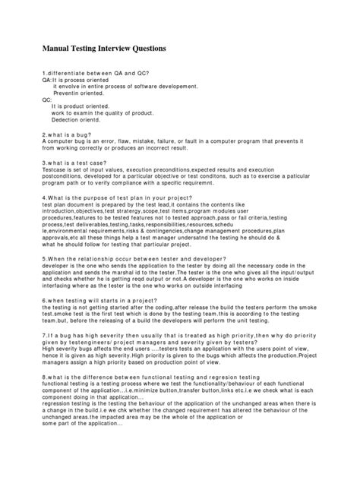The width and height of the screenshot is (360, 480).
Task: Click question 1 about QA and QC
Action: (x=96, y=71)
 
